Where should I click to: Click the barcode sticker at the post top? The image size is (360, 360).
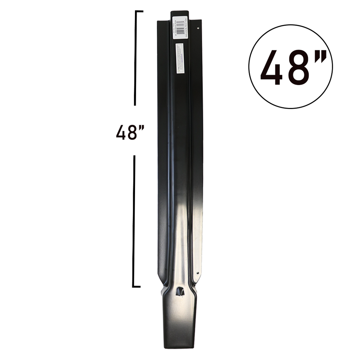(179, 28)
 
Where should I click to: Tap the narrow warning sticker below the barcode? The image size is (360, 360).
(179, 58)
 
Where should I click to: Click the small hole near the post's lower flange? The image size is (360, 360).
(198, 272)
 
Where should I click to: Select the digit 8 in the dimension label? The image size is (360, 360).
(132, 133)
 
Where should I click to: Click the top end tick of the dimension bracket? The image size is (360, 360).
(139, 12)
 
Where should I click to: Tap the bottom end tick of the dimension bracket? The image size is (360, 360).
(137, 287)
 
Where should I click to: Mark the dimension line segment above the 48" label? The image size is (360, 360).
(135, 58)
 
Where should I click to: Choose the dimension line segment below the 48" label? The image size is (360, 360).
(134, 221)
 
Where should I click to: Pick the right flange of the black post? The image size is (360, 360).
(197, 141)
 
